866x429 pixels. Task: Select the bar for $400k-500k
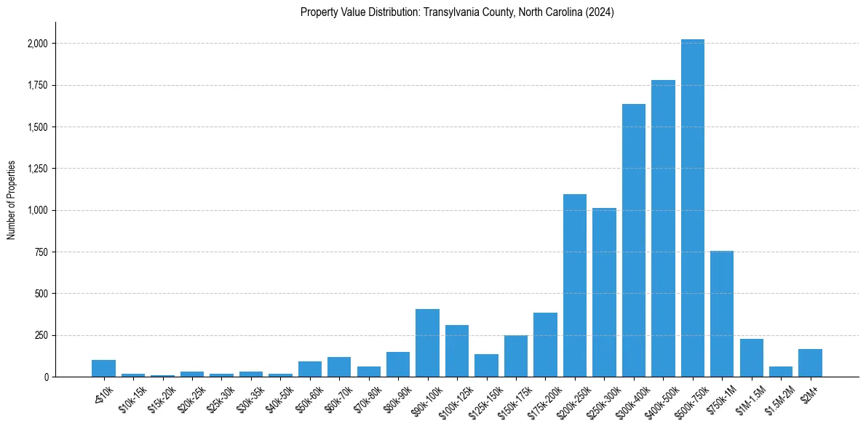click(663, 228)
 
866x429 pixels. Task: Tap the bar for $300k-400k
click(633, 240)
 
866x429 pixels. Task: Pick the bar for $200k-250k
click(574, 285)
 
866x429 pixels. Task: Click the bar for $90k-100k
click(427, 342)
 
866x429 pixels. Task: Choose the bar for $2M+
click(810, 363)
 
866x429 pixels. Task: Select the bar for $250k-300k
click(604, 292)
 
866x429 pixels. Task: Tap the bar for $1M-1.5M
click(751, 358)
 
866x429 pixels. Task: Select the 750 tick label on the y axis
click(41, 252)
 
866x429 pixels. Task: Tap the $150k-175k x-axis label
click(511, 398)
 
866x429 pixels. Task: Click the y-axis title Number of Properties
click(12, 200)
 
